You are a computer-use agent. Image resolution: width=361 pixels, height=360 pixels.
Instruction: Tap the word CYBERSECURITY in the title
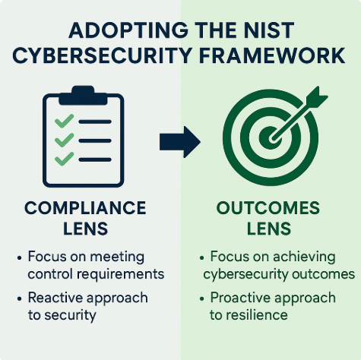click(x=101, y=55)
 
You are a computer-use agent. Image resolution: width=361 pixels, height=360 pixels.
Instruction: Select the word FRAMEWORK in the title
click(x=271, y=55)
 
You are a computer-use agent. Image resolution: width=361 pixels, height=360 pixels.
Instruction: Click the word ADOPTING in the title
click(x=128, y=30)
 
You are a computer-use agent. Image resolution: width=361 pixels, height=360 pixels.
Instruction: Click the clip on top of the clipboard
click(x=83, y=96)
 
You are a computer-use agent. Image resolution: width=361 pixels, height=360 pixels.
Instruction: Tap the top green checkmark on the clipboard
click(x=65, y=121)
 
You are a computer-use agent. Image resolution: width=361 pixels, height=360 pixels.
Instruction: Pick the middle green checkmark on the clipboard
click(x=65, y=140)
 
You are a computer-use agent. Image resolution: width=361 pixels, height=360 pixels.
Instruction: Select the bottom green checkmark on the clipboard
click(x=65, y=159)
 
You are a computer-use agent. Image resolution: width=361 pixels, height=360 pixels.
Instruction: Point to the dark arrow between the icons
click(x=180, y=142)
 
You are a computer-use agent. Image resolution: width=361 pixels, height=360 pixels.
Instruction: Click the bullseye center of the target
click(x=270, y=138)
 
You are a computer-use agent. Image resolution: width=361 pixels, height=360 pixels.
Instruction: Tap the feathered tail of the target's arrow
click(x=317, y=96)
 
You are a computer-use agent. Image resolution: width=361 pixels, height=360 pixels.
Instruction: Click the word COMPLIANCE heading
click(x=85, y=208)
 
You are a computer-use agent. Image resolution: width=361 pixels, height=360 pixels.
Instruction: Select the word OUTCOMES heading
click(x=268, y=208)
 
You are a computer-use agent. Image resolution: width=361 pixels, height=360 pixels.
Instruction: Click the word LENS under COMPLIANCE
click(x=85, y=229)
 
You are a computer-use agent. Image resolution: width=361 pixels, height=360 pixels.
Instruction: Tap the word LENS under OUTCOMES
click(x=269, y=229)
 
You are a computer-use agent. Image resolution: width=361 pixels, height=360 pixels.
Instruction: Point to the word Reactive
click(x=55, y=298)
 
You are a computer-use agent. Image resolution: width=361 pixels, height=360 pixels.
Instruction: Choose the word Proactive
click(x=240, y=298)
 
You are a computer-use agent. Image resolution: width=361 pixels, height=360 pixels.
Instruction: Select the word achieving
click(x=304, y=257)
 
